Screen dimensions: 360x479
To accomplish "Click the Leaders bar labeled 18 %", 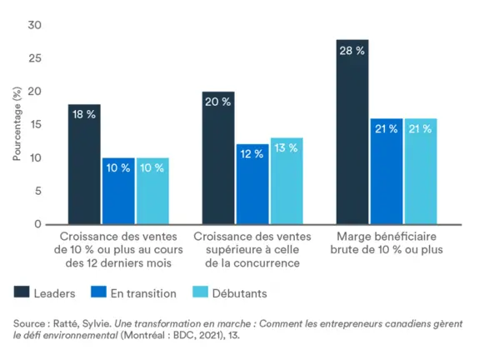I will click(84, 164).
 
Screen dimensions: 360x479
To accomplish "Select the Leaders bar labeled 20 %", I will click(218, 158).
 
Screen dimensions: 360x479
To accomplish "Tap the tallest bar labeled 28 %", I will click(352, 132).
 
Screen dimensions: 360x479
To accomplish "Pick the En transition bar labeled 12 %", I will click(252, 184).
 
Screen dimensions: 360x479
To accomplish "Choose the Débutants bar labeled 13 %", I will click(287, 181).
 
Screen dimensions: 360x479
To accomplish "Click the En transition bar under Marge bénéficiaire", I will click(387, 171).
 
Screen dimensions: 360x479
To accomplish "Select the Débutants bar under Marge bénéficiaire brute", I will click(421, 171).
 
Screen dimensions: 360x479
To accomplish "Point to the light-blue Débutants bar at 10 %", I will click(152, 191).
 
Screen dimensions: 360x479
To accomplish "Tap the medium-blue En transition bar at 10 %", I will click(118, 191).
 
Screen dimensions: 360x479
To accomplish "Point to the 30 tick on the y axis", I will click(34, 25).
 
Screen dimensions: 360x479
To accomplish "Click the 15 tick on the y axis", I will click(34, 125).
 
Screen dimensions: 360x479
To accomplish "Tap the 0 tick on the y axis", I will click(37, 224).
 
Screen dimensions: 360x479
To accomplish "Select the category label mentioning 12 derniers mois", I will click(118, 249).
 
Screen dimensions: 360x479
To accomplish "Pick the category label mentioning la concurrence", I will click(252, 249).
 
